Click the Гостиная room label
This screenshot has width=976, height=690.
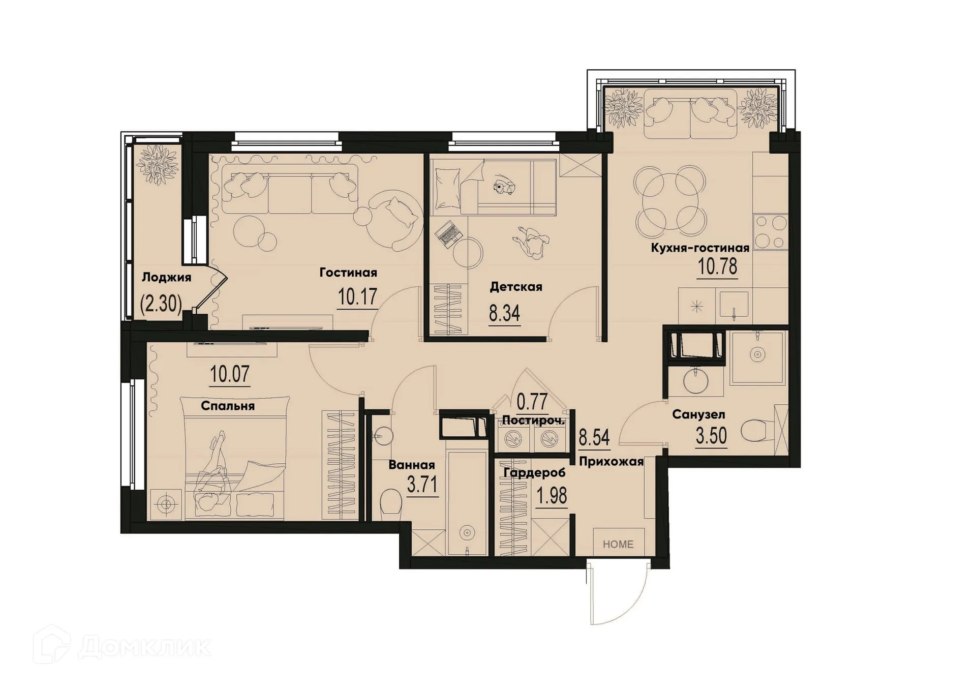[348, 273]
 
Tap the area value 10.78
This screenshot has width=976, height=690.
[717, 266]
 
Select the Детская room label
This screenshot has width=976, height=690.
[515, 287]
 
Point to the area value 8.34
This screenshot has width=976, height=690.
[504, 314]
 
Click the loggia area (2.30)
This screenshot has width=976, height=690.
[161, 304]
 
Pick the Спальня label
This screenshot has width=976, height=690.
[227, 406]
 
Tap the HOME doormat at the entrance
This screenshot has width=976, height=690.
[618, 544]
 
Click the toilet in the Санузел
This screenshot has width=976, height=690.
[756, 432]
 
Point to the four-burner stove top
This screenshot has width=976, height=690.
[770, 231]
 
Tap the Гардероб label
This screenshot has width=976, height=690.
[534, 473]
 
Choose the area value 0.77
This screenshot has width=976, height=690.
[532, 402]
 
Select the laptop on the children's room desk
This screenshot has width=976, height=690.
[448, 234]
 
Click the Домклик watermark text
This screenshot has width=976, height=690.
[145, 647]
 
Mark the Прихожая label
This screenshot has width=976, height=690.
[611, 462]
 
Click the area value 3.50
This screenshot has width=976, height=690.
[711, 436]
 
